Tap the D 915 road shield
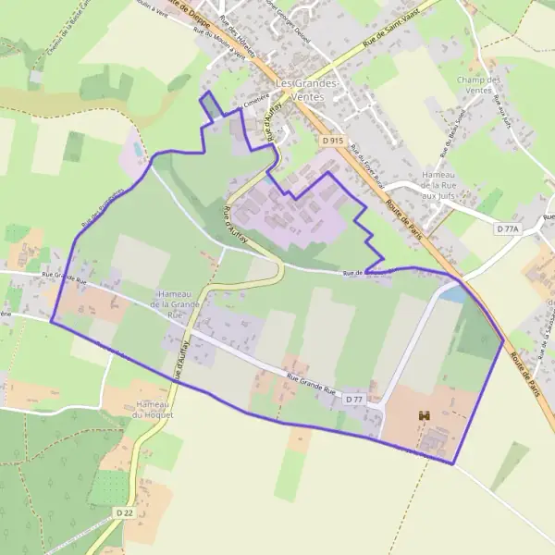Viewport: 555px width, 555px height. point(333,140)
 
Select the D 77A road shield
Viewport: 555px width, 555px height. point(508,228)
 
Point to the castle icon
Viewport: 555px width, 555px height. point(425,417)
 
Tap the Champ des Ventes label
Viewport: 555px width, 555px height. point(478,85)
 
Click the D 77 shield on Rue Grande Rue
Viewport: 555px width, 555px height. point(354,399)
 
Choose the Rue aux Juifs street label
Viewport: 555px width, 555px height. point(505,120)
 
